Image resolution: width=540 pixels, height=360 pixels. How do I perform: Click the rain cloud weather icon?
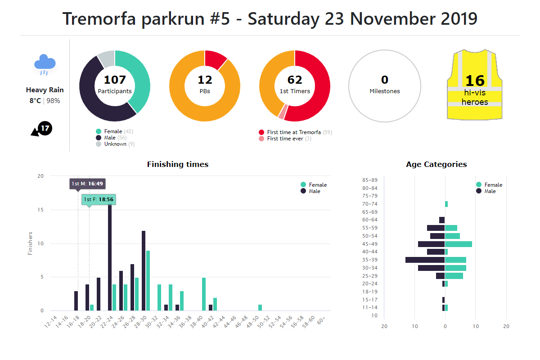click(45, 64)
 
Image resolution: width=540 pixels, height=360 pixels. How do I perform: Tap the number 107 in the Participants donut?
click(115, 80)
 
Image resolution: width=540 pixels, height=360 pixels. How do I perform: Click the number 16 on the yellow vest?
click(475, 81)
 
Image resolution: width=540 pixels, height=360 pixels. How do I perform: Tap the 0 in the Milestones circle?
click(385, 80)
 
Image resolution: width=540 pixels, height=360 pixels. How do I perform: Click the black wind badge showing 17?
click(45, 129)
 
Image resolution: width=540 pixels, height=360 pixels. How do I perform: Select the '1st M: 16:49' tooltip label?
click(87, 184)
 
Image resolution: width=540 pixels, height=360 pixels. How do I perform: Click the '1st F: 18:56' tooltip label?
click(99, 199)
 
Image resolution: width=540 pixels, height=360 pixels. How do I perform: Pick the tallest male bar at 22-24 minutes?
click(110, 256)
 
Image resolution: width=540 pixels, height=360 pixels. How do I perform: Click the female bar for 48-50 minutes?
click(260, 308)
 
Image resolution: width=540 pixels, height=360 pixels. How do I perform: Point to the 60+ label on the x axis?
click(321, 320)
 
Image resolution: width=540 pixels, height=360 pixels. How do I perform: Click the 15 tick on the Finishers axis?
click(40, 210)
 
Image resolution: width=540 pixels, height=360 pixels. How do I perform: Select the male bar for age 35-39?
click(425, 260)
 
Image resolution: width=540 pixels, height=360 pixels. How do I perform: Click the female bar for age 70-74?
click(446, 204)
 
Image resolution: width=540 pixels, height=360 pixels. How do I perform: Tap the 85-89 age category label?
click(369, 180)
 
